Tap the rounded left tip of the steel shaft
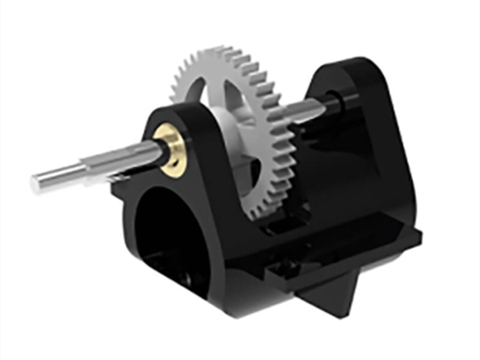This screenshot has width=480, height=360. click(x=36, y=181)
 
